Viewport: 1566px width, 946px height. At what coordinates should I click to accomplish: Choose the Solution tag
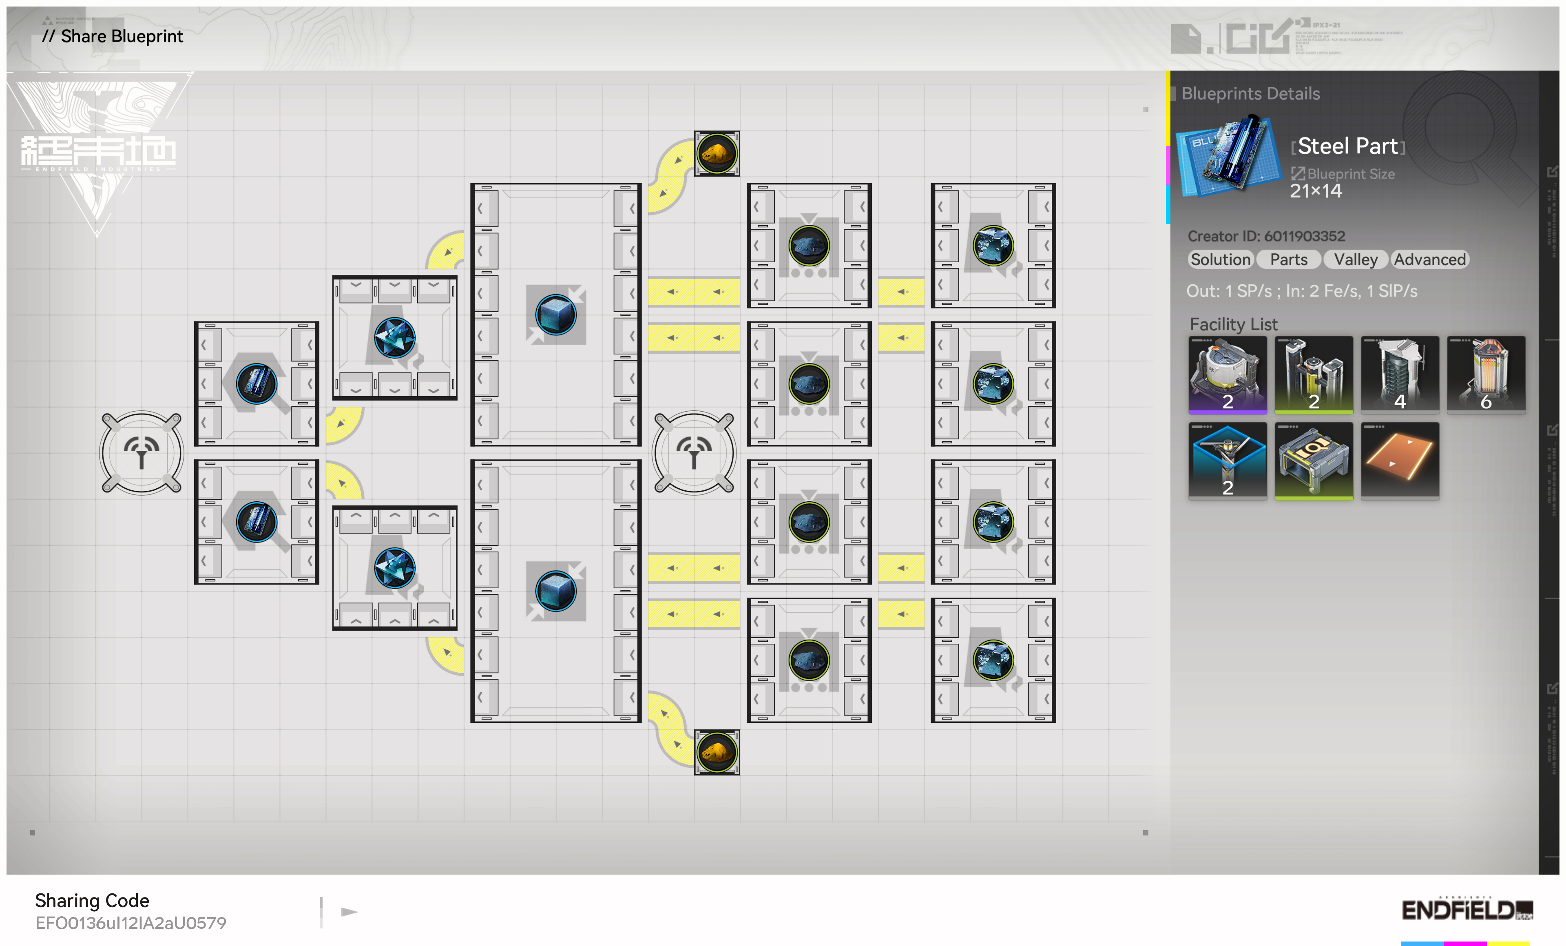1220,259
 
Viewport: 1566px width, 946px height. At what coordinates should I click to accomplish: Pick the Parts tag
1288,259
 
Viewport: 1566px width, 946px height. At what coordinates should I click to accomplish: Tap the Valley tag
1355,259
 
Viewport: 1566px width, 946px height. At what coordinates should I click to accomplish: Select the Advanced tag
1429,259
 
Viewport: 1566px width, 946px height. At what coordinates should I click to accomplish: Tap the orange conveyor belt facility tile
1400,460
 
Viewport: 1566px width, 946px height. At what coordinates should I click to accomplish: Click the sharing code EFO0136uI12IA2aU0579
130,922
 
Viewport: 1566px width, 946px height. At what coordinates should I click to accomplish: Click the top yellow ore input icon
716,153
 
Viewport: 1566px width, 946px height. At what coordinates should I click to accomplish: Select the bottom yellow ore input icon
716,752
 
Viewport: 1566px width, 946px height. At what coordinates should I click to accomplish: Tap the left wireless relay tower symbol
141,452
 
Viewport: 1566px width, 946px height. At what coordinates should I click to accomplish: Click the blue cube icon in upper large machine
555,315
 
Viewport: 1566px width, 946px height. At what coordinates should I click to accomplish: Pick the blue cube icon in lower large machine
555,591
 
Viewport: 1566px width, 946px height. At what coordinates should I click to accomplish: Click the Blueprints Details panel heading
1250,93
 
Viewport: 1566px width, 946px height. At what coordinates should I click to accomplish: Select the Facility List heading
1233,324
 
